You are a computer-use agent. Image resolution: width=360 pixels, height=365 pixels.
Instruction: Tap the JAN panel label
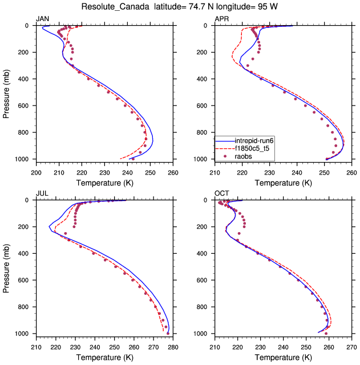(x=43, y=19)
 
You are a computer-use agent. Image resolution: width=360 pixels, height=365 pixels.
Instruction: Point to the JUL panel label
(x=42, y=194)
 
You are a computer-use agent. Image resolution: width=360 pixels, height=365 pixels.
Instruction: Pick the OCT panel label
(x=221, y=194)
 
